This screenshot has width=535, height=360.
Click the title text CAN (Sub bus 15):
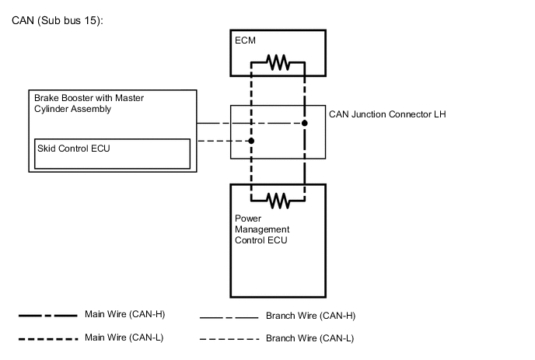58,19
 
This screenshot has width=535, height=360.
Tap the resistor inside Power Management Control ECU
278,201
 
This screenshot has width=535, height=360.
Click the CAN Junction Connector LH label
387,114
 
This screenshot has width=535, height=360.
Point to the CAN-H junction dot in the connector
305,124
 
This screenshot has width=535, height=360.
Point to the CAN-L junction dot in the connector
251,141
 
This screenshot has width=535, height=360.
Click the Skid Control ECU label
71,148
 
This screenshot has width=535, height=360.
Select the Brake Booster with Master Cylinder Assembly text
89,103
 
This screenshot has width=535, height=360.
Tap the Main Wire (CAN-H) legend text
125,315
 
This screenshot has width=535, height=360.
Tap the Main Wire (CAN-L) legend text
124,337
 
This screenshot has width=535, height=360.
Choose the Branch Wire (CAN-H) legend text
310,316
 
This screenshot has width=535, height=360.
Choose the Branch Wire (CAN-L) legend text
309,338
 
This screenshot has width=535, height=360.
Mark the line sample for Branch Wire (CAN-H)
229,317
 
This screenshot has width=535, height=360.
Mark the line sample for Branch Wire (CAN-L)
229,340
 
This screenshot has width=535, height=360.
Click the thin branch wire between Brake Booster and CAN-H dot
249,124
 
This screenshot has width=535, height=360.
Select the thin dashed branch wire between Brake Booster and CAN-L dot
222,141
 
